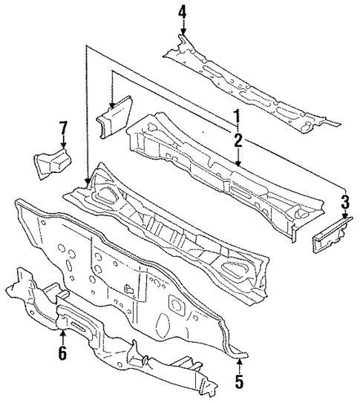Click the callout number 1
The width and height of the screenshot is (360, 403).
238,118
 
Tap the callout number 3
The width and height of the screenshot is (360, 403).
344,202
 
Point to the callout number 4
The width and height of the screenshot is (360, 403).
183,12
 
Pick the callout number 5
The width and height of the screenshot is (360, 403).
239,384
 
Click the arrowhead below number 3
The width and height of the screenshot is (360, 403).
344,219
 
